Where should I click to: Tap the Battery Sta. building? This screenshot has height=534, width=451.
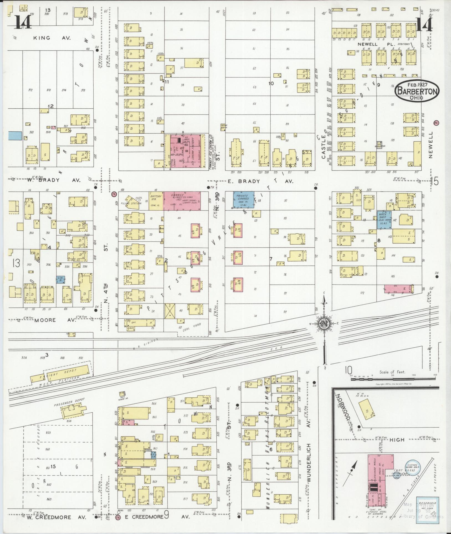coord(156,200)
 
